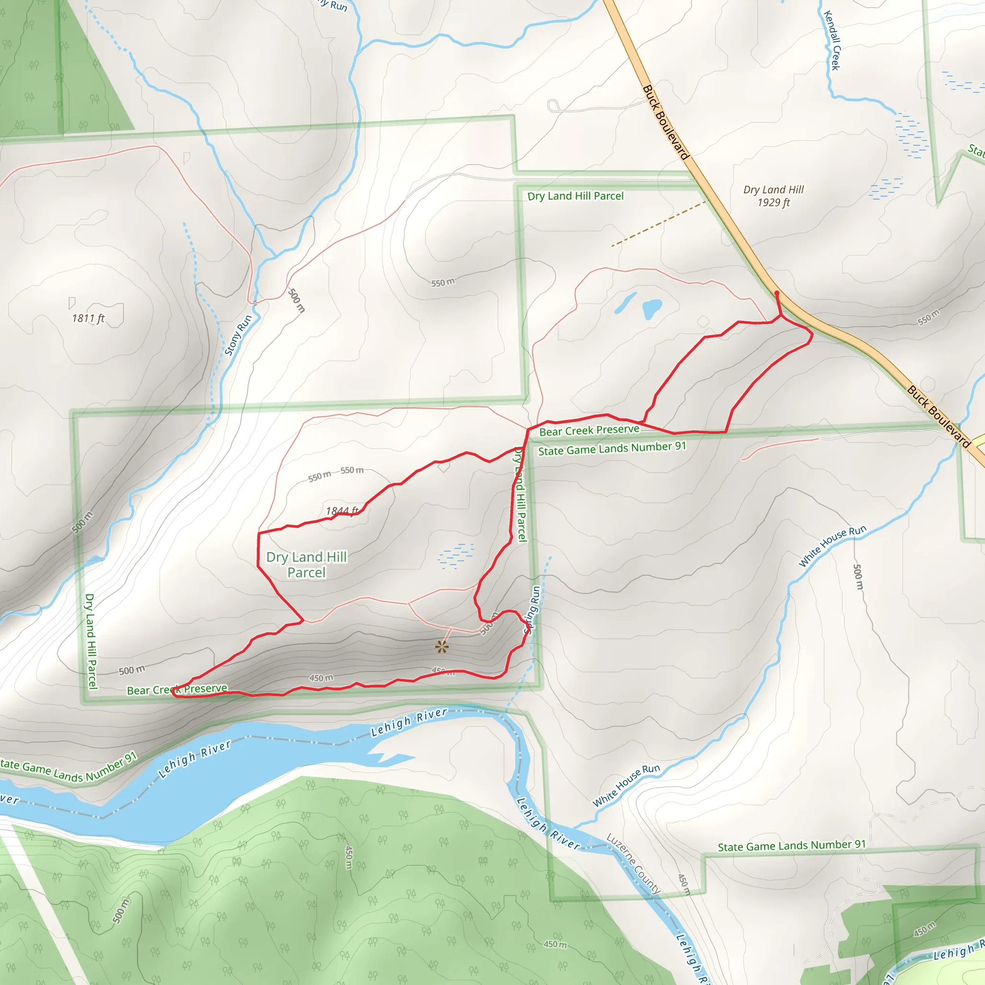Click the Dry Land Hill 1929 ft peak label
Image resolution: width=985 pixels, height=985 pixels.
pos(773,196)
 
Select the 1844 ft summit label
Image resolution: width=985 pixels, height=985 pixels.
pos(342,510)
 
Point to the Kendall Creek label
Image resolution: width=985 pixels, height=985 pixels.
pos(832,40)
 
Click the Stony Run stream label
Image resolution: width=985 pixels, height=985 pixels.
pos(238,335)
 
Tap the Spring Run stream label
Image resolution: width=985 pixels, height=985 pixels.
pos(532,609)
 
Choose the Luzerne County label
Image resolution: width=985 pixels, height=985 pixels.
pos(633,864)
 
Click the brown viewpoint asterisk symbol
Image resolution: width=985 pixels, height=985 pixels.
pos(442,647)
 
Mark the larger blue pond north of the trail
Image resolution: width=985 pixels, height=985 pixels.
pos(652,308)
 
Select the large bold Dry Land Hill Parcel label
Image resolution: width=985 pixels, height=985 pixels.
pos(306,564)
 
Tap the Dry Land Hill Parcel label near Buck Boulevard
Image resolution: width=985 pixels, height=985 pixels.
pos(575,196)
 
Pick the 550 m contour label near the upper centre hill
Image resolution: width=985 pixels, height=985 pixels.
pos(442,282)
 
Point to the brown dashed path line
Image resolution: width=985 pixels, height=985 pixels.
pos(657,224)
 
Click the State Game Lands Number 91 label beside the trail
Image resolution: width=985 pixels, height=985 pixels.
pos(612,449)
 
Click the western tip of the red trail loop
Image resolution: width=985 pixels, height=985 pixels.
pos(173,691)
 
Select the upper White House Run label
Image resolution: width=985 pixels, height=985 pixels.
pos(832,546)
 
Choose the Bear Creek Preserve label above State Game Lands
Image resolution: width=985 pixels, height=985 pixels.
pos(589,430)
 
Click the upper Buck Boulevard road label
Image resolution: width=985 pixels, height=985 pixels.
pos(665,122)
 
